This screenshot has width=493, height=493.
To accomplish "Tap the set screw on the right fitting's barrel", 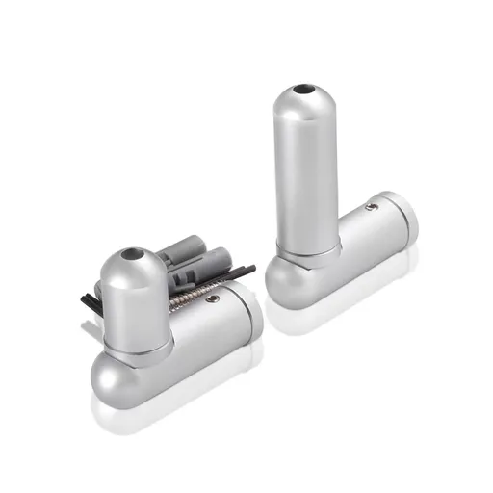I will point(373,206).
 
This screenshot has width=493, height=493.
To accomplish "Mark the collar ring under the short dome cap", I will point(135,341).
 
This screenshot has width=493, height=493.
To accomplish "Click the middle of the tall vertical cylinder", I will point(306,173).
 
